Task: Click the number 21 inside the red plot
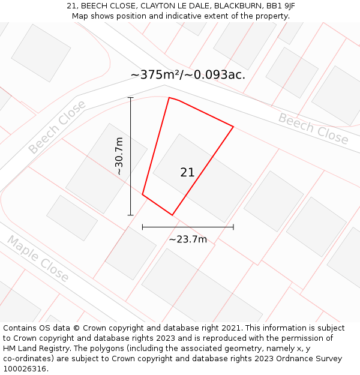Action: (187, 172)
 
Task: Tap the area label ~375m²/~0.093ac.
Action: (188, 75)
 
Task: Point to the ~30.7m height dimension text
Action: (119, 156)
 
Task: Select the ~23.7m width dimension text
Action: (188, 239)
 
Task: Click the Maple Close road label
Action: (38, 259)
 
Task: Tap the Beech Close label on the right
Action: (313, 129)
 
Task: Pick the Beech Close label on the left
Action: (57, 127)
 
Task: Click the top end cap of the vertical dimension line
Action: (130, 97)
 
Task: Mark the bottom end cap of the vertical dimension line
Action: (130, 214)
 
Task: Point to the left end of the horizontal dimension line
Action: (142, 227)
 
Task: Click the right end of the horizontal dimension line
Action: (233, 227)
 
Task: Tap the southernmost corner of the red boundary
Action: (172, 215)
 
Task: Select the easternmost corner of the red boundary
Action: (233, 127)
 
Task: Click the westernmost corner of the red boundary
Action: (142, 194)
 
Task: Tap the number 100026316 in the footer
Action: (25, 369)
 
